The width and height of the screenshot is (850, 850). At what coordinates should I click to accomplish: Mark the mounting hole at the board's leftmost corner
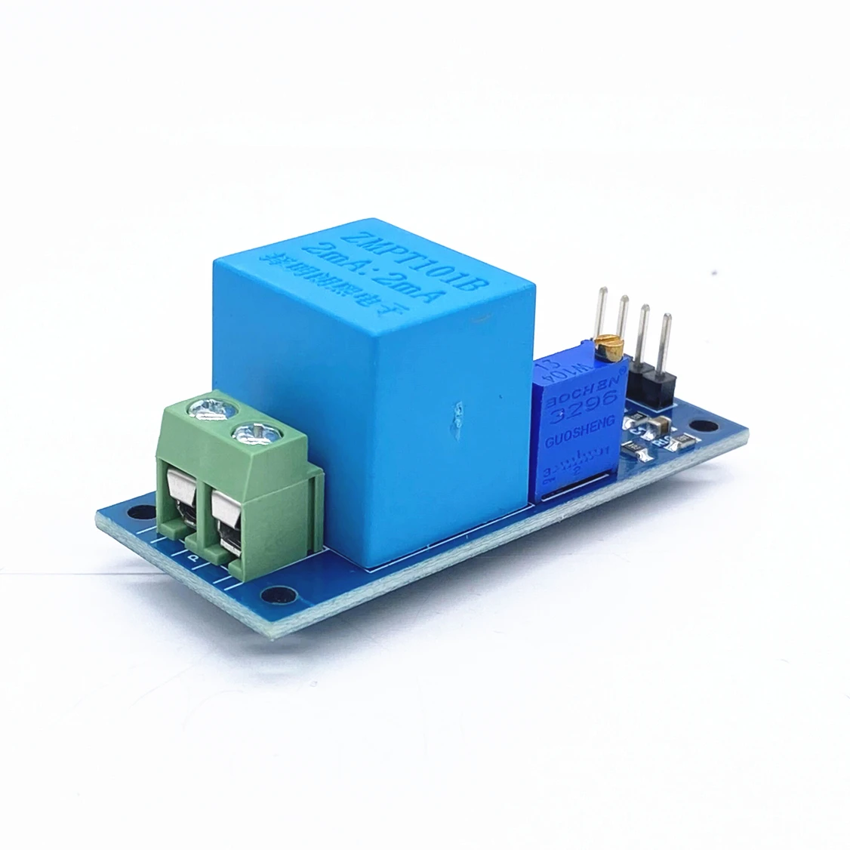(x=135, y=513)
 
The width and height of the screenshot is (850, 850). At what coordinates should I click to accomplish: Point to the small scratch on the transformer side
(x=456, y=416)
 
